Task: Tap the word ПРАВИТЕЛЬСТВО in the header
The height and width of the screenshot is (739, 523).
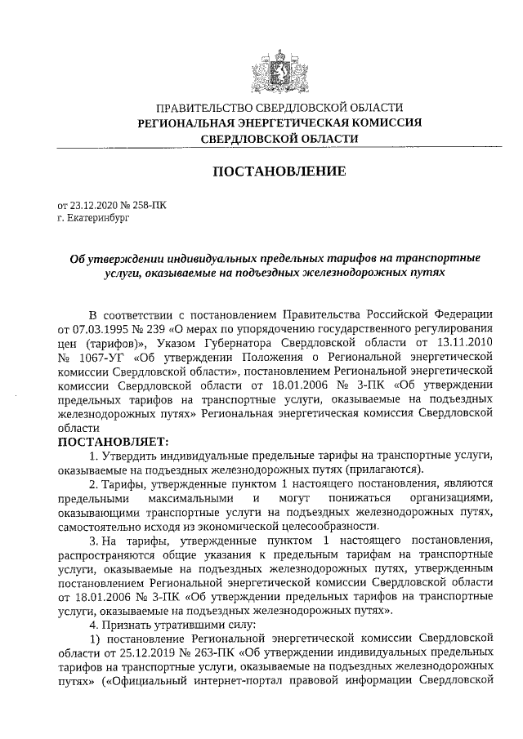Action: (x=201, y=107)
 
